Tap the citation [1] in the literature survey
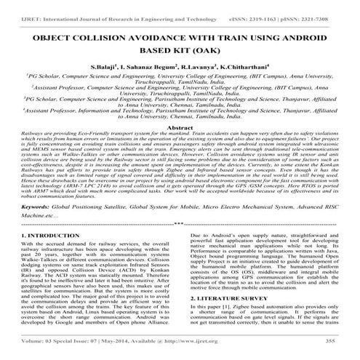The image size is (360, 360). click(x=231, y=305)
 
